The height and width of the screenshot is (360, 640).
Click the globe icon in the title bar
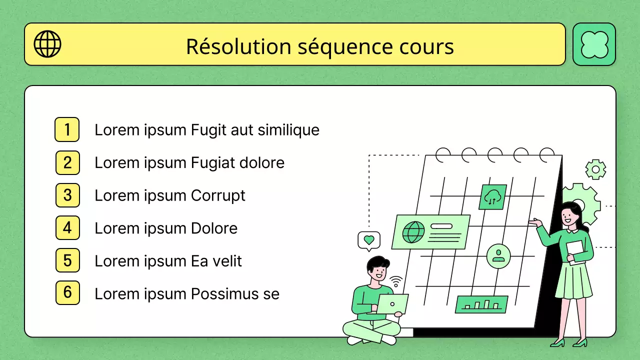47,44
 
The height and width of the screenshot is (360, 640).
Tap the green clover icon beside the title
594,44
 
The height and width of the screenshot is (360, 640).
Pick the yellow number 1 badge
67,129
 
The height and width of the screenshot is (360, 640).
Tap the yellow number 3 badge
67,195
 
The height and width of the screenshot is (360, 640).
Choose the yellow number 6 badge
67,293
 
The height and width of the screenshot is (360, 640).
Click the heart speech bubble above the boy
369,240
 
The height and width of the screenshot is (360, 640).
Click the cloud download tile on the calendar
492,197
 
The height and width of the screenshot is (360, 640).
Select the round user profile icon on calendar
498,256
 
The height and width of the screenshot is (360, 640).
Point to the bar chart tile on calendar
481,304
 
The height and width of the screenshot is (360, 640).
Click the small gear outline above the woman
595,169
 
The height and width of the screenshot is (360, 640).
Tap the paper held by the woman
576,252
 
